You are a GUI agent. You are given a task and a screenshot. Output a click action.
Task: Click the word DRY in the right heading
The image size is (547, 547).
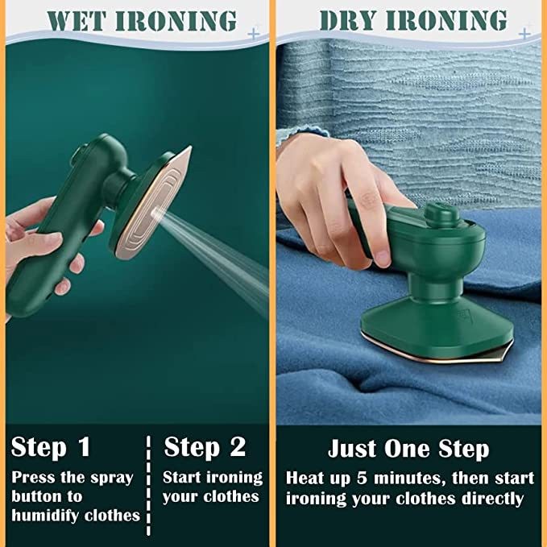click(x=353, y=20)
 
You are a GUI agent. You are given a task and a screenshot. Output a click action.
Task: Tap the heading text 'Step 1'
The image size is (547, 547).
click(x=52, y=446)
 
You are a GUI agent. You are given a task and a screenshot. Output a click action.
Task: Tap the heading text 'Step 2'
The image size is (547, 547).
click(x=204, y=446)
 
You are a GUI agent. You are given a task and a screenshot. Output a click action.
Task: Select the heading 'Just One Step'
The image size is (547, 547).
click(x=408, y=449)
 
